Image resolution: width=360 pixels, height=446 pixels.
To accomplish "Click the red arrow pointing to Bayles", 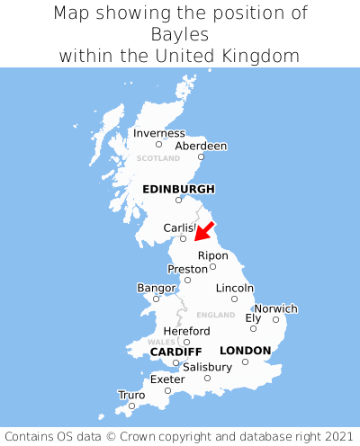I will (204, 231).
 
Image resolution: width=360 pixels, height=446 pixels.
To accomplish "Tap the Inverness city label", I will (159, 133).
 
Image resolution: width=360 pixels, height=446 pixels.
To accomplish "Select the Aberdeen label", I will (201, 146).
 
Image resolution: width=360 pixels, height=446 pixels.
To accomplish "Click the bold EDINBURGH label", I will (178, 189).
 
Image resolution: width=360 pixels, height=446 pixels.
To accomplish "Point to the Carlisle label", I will (179, 228).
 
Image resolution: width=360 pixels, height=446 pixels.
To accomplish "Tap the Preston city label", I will (187, 269).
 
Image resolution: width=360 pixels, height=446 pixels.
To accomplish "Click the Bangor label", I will (156, 288).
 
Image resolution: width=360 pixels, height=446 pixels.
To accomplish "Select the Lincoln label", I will (235, 288).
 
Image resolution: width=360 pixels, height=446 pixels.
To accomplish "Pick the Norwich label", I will (275, 308).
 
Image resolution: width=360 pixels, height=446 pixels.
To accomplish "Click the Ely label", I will (253, 317).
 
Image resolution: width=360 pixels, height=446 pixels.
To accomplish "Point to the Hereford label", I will (186, 331).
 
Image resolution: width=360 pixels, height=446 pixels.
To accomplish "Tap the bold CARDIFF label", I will (175, 351).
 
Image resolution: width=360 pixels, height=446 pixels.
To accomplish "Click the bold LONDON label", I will (245, 350).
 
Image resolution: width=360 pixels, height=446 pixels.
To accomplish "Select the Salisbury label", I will (207, 367).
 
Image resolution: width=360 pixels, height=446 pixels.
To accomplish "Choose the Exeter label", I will (167, 379).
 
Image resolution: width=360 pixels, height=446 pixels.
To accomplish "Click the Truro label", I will (131, 395).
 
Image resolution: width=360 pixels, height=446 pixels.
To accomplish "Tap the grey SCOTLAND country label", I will (158, 158).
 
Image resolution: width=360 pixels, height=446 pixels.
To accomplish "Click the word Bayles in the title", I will (180, 34).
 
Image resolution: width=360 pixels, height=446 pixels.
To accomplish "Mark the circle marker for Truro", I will (131, 406).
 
